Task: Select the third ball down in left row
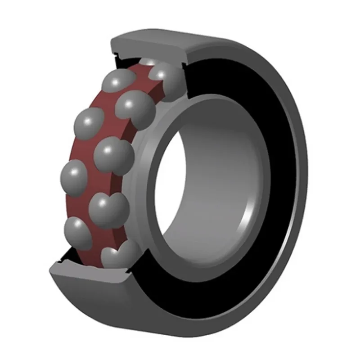tap(73, 177)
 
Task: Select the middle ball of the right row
tap(114, 155)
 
